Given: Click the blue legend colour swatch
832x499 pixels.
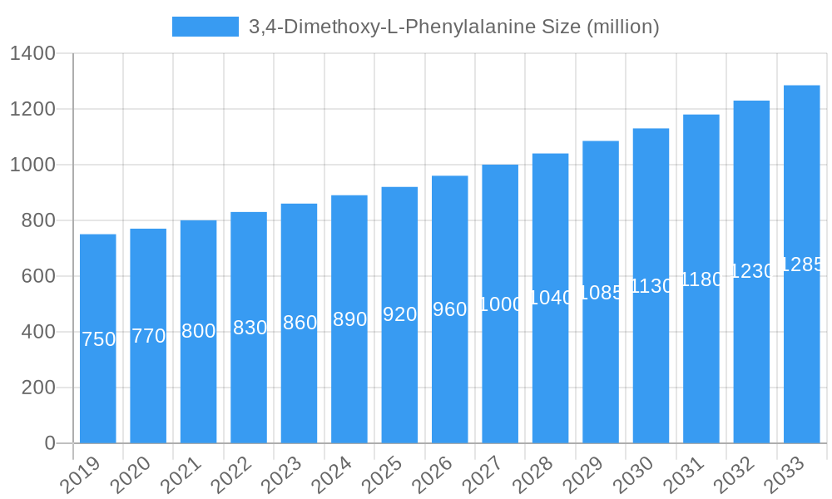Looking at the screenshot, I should click(205, 27).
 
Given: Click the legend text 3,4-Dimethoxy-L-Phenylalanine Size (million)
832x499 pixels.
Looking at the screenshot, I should click(453, 27).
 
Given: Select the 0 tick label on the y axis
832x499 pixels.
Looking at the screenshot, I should click(50, 443).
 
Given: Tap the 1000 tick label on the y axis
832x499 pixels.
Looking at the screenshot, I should click(32, 165).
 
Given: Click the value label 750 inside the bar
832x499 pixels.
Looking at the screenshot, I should click(98, 339).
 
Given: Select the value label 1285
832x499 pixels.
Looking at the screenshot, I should click(801, 264).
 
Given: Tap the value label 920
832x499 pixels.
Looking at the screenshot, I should click(399, 314).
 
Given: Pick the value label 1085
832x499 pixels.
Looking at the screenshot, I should click(601, 293).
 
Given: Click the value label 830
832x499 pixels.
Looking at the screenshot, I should click(249, 328).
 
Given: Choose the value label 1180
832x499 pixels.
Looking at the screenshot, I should click(701, 279).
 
